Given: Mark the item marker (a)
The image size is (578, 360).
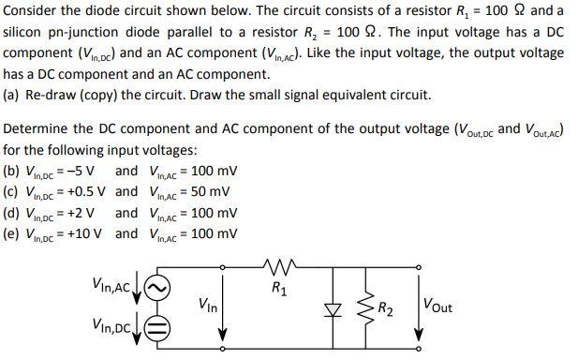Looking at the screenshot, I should point(14,95).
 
